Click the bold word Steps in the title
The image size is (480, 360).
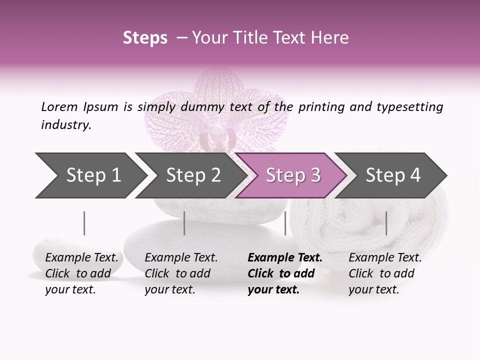[x=145, y=38]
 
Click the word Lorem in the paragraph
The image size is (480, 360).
[x=59, y=106]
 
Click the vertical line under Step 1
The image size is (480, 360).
[x=84, y=223]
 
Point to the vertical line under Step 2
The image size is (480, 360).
[x=184, y=223]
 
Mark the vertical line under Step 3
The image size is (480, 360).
[x=285, y=223]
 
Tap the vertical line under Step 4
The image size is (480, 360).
[x=386, y=223]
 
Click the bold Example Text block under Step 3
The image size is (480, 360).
[x=284, y=273]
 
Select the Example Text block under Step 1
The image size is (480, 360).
[x=81, y=273]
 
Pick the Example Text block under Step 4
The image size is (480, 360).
[x=385, y=273]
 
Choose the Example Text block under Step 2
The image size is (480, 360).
[x=181, y=273]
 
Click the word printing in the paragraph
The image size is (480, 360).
[x=319, y=106]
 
